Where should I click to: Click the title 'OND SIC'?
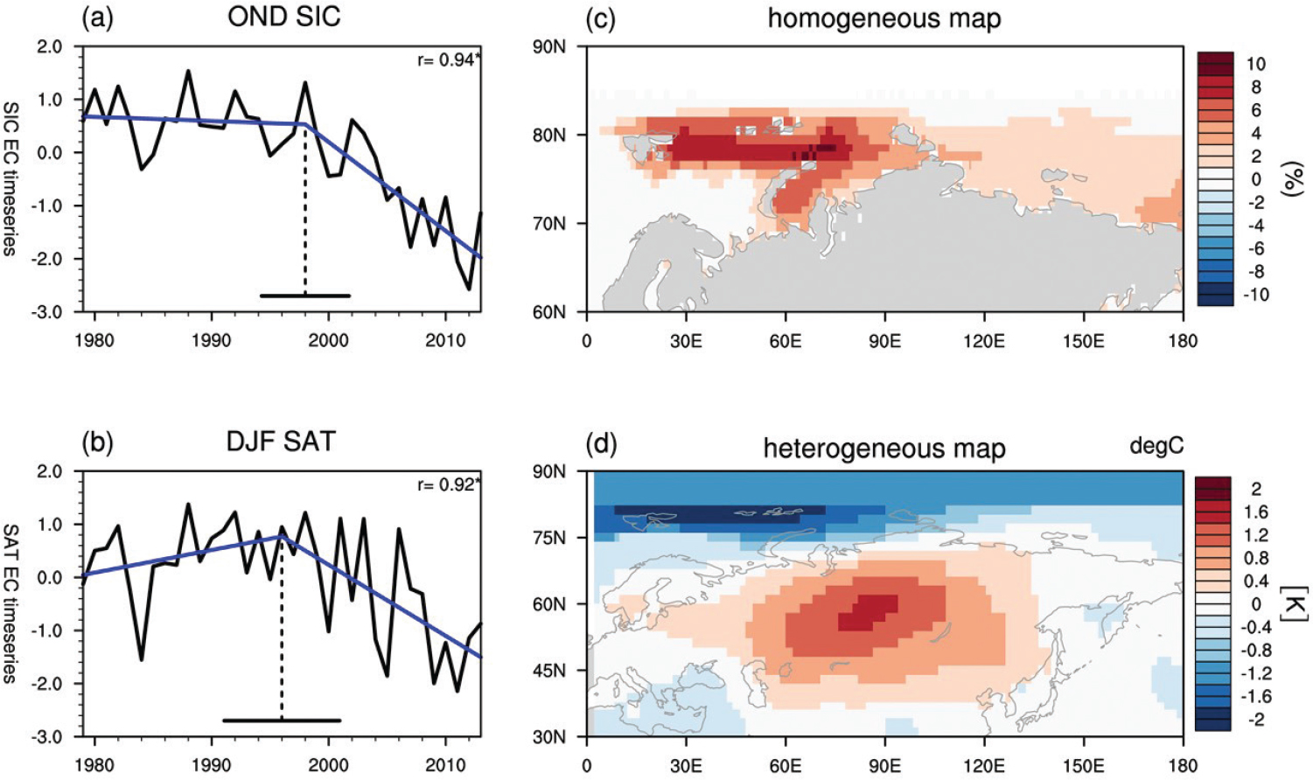(x=283, y=17)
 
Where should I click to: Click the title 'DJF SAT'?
(x=281, y=442)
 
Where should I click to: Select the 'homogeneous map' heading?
(x=884, y=18)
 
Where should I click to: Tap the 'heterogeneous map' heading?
(x=884, y=449)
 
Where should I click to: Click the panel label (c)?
(x=601, y=18)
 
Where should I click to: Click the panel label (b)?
(x=97, y=443)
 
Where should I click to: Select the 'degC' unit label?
(x=1156, y=446)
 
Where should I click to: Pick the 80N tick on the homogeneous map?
(x=548, y=136)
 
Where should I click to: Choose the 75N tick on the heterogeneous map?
(x=548, y=538)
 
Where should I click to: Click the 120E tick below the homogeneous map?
(x=984, y=341)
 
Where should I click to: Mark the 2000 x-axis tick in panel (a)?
(x=328, y=341)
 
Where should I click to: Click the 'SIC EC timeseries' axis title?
(x=10, y=178)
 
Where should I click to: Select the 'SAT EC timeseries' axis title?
(x=10, y=603)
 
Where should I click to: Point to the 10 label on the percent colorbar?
(x=1255, y=64)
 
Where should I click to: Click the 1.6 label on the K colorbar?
(x=1255, y=512)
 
